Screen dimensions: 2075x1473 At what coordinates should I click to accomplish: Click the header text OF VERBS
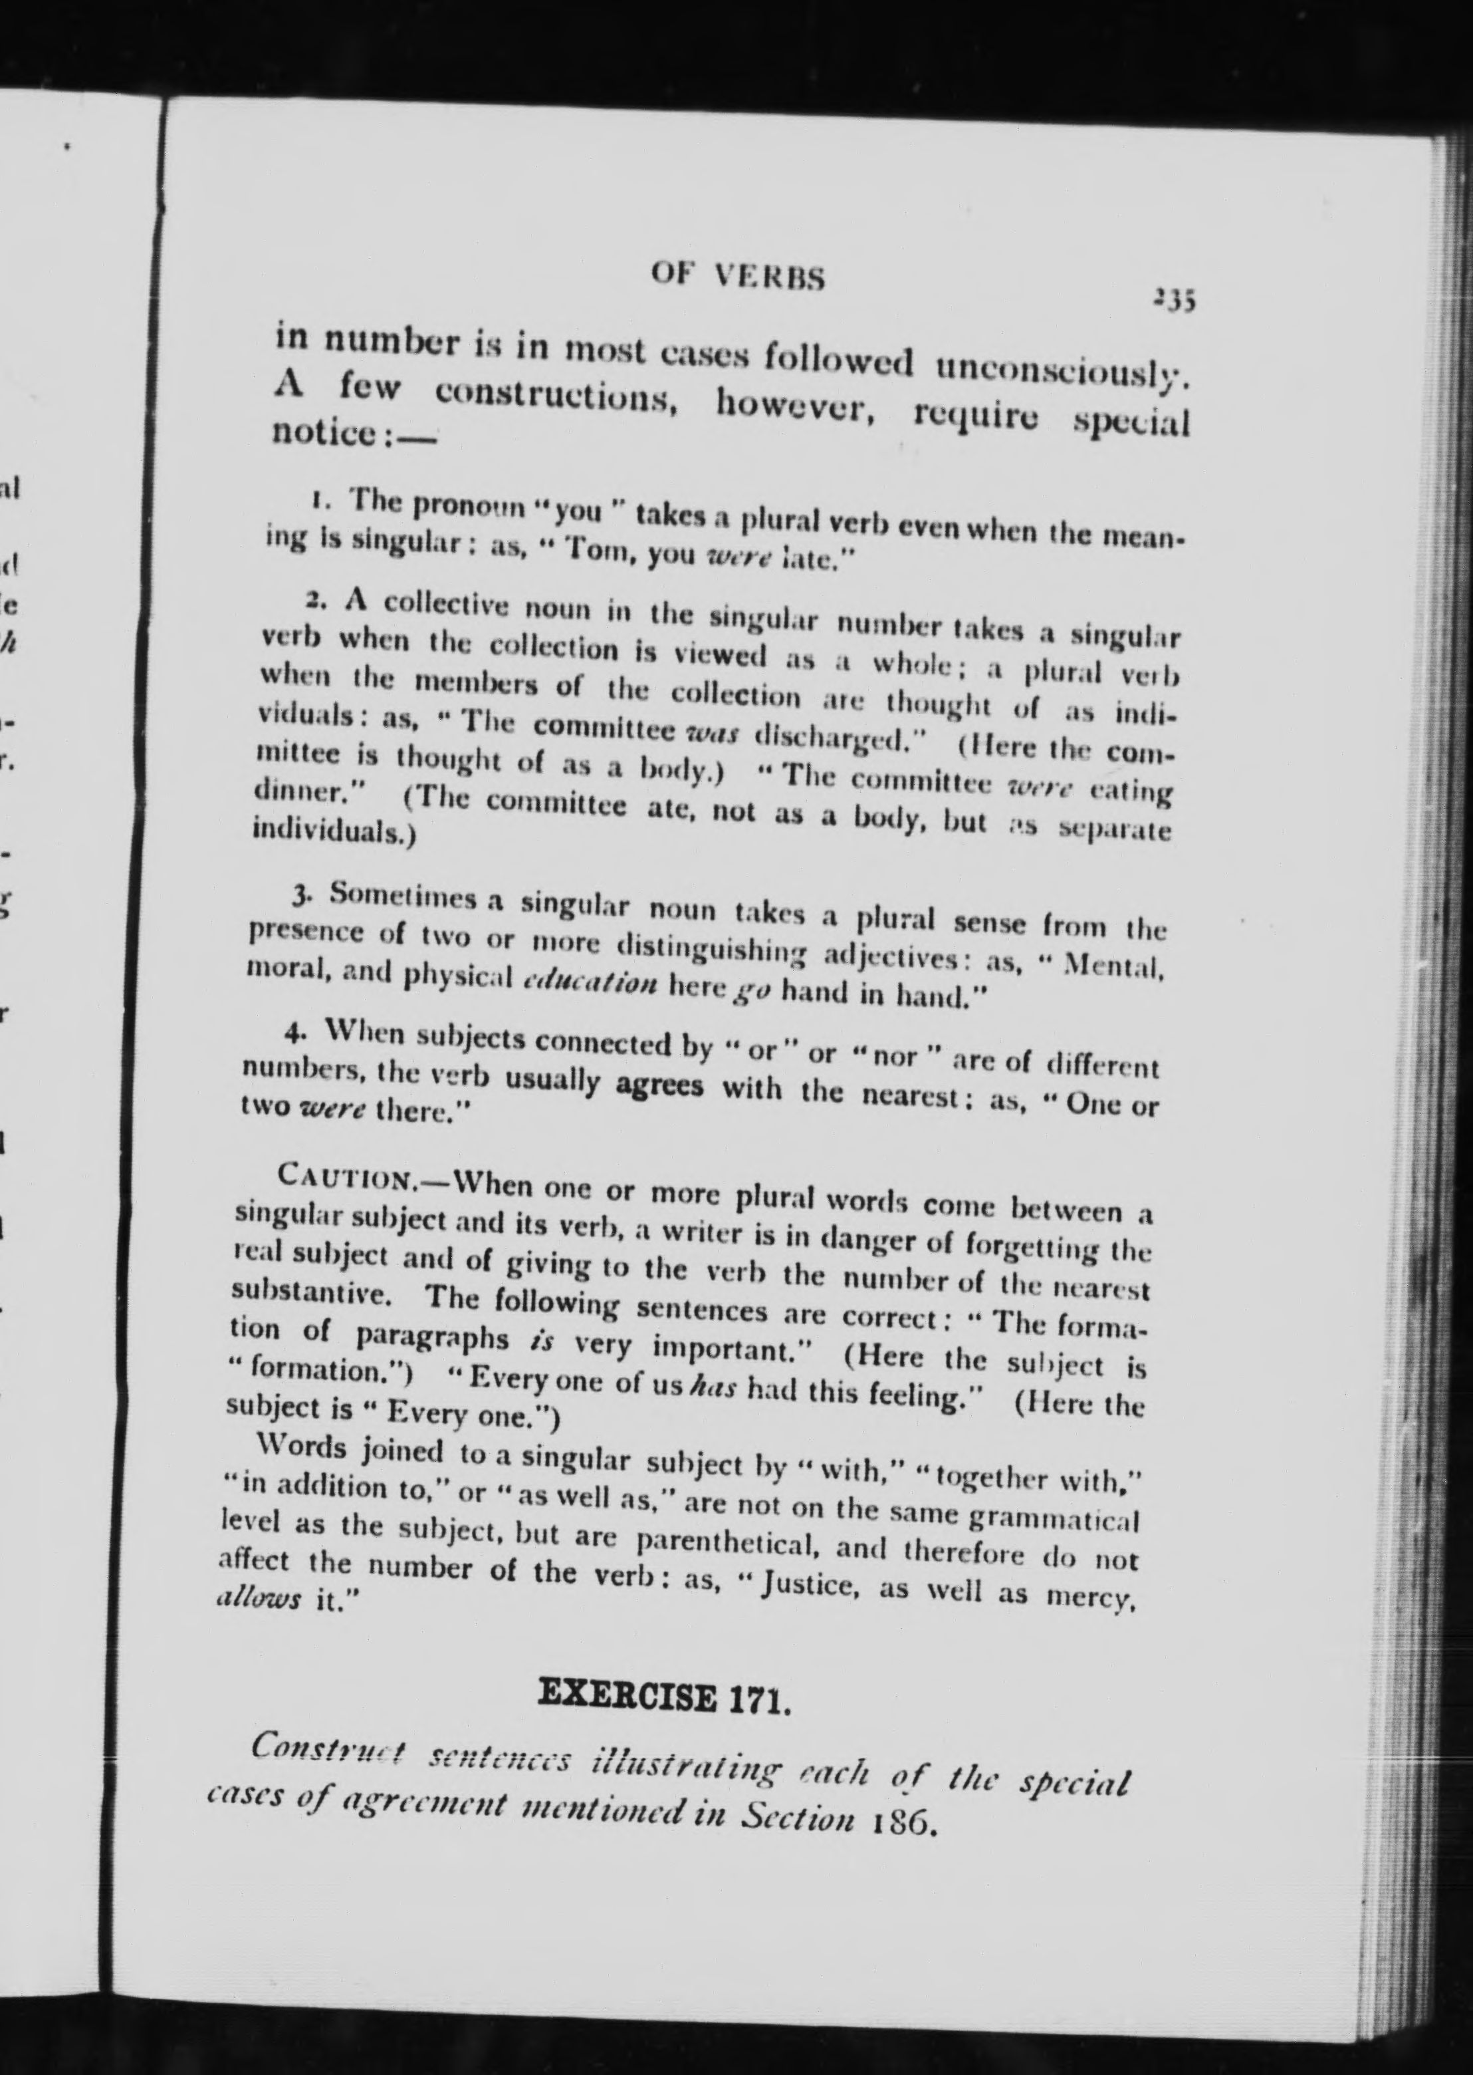(737, 276)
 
